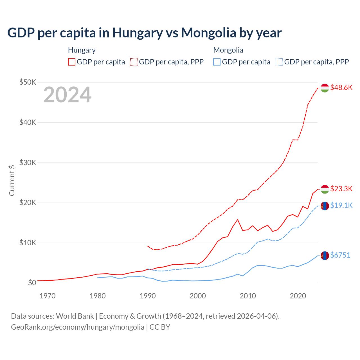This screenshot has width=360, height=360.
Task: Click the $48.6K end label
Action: click(341, 87)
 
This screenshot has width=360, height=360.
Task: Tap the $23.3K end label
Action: click(341, 188)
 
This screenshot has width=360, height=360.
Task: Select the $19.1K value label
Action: click(341, 205)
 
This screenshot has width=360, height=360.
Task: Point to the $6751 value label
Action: click(340, 255)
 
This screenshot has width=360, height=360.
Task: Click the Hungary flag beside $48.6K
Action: click(325, 88)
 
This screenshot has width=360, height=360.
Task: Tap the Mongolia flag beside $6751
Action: click(325, 255)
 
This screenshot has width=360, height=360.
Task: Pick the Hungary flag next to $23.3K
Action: click(325, 189)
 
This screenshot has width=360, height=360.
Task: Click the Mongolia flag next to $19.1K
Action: click(325, 206)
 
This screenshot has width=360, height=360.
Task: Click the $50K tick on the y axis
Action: click(28, 82)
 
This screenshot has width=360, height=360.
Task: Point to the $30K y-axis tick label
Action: click(28, 163)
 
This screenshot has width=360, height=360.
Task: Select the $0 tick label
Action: click(32, 283)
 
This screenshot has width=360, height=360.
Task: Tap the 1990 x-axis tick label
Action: click(148, 296)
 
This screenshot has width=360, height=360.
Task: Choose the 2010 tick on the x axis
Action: click(248, 296)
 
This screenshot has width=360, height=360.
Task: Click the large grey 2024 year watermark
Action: click(67, 95)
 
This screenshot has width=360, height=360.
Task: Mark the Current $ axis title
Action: click(12, 180)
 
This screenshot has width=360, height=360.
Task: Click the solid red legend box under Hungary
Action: click(72, 62)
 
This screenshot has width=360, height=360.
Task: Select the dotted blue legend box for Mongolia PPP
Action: click(279, 62)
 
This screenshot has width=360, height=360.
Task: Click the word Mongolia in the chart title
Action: click(208, 33)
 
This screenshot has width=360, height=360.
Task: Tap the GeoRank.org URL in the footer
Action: click(78, 327)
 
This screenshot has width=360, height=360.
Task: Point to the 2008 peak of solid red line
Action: click(238, 219)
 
